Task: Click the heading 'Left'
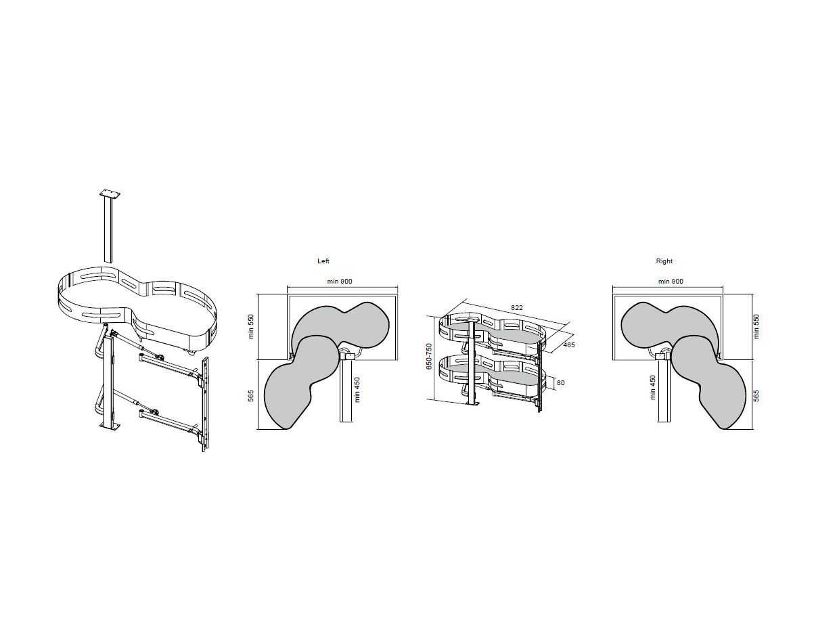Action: click(x=323, y=261)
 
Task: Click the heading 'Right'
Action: click(x=664, y=261)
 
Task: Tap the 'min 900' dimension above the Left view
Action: click(x=339, y=282)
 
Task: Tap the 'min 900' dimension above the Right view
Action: click(x=671, y=282)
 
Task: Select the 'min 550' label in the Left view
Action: click(x=251, y=326)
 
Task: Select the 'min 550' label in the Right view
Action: click(x=756, y=326)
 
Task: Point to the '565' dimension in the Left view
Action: click(x=251, y=396)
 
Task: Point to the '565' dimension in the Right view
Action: click(x=756, y=396)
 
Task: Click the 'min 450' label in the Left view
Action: click(x=357, y=390)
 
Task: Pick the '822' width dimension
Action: click(x=517, y=308)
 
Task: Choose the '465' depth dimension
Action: click(x=569, y=345)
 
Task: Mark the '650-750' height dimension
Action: click(x=429, y=357)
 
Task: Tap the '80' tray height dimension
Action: click(x=560, y=383)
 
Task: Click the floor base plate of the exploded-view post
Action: click(x=110, y=426)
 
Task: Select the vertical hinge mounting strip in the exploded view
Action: click(x=205, y=404)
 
